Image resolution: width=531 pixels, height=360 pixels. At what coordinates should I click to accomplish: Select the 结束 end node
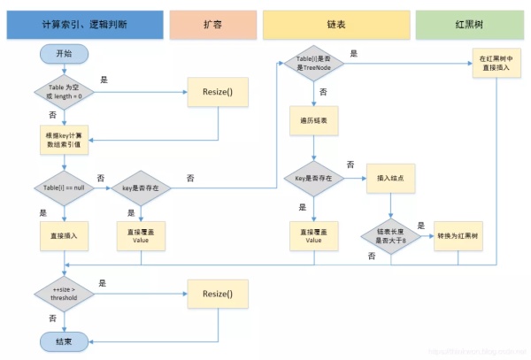click(64, 341)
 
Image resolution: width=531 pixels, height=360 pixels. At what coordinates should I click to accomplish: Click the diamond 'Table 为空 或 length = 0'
click(64, 91)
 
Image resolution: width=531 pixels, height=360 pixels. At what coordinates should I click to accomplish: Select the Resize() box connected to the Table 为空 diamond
click(218, 91)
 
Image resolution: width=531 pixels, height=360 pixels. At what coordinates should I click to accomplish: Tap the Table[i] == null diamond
click(64, 188)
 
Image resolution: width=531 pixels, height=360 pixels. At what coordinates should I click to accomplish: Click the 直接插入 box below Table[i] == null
click(64, 236)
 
